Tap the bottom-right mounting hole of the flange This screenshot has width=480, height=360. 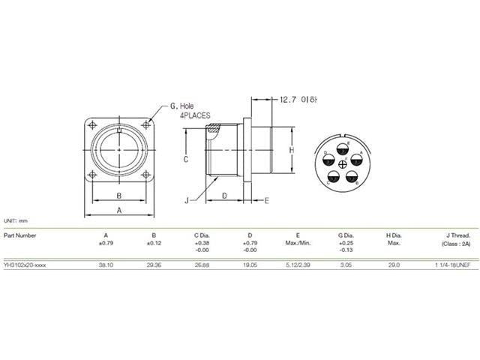(145, 177)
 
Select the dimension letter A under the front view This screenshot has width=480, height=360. (119, 211)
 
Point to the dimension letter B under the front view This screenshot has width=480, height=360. (119, 196)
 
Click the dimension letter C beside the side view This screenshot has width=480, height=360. (185, 160)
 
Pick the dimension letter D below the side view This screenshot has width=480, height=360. (225, 196)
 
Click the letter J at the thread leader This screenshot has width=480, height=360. (185, 200)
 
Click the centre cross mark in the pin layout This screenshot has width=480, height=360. (343, 165)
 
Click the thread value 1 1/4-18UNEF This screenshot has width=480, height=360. (451, 265)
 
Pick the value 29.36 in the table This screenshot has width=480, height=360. (154, 265)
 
